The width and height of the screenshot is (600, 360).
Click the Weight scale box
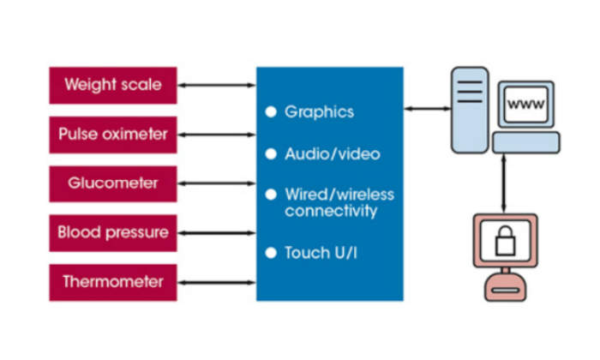click(113, 85)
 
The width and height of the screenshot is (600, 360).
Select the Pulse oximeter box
click(113, 134)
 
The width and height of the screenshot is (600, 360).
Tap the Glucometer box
click(113, 183)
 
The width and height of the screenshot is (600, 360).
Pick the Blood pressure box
click(113, 231)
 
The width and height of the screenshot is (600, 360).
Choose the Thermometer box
click(113, 280)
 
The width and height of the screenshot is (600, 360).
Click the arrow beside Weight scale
click(217, 85)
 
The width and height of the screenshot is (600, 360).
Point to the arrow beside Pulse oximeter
click(217, 134)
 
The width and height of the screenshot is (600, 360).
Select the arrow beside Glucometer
click(217, 183)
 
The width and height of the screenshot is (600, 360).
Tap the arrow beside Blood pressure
click(217, 231)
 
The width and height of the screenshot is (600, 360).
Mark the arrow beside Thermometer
click(217, 280)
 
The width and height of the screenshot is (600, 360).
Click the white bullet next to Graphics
click(271, 111)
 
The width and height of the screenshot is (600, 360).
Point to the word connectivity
click(331, 210)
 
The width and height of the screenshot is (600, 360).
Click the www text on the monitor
click(525, 104)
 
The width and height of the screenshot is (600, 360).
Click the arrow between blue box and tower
click(428, 108)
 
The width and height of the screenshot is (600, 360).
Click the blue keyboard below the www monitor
click(525, 142)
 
